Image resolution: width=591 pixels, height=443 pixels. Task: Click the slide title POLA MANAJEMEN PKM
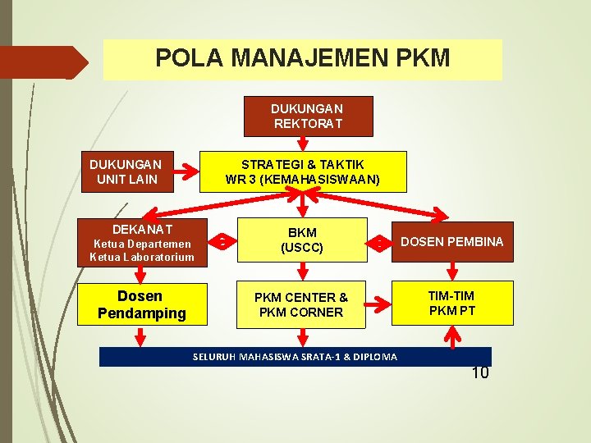302,58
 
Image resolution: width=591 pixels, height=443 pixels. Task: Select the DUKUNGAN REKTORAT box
308,116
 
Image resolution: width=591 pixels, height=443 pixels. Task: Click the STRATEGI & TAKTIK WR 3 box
302,171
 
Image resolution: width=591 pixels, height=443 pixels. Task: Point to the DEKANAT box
141,242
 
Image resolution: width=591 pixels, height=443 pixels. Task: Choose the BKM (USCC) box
302,240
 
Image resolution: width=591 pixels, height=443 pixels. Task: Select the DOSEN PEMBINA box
451,241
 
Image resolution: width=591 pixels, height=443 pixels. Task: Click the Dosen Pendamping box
141,304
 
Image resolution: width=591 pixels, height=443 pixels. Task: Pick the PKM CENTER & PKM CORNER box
300,305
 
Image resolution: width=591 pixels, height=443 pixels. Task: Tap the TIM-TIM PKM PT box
451,304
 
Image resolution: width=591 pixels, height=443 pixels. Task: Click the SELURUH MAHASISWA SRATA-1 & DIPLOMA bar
295,357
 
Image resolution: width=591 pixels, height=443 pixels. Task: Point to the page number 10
480,374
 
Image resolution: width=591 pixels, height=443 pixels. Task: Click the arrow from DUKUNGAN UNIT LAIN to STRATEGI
190,172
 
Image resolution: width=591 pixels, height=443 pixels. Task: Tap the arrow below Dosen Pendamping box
141,336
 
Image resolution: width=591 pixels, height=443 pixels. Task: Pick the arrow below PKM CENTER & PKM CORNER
303,337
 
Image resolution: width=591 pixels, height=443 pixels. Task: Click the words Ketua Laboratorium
141,257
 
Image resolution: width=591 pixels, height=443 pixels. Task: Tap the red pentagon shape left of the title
45,62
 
